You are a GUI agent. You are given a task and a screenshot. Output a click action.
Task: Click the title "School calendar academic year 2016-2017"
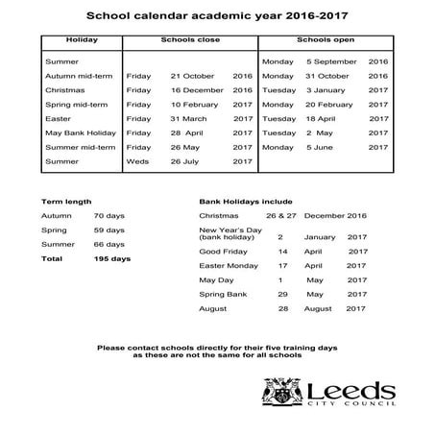coord(216,16)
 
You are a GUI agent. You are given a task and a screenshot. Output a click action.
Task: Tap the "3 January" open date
coord(328,89)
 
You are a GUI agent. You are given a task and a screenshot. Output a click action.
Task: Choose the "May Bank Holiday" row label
coord(81,133)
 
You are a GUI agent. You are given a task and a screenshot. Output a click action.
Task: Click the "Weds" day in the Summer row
coord(137,161)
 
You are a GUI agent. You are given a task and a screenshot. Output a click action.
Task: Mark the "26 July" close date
coord(190,161)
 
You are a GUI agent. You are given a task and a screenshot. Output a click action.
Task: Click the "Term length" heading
coord(67,203)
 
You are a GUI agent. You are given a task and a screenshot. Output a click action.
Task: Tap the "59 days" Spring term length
coord(109,230)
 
